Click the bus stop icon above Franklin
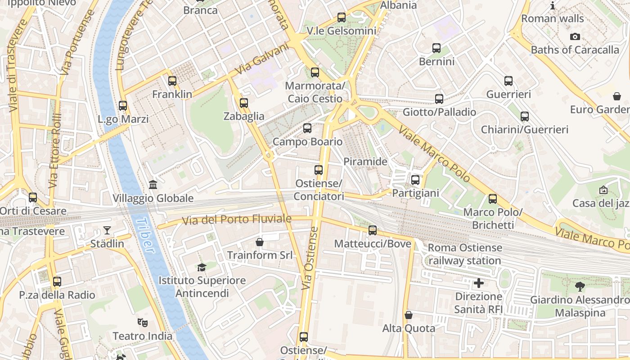(x=172, y=81)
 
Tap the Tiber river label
(x=145, y=235)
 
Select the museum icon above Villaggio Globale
(x=153, y=185)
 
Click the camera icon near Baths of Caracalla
(x=575, y=37)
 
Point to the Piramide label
(x=365, y=162)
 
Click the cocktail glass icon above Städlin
(x=107, y=231)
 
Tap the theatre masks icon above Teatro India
(x=143, y=323)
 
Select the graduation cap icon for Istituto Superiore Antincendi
(x=202, y=267)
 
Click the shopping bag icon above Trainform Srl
(x=260, y=242)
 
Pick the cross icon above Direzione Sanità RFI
(x=479, y=283)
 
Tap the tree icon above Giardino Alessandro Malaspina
(x=580, y=286)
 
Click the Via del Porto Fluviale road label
(x=237, y=220)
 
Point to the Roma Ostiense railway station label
(x=465, y=254)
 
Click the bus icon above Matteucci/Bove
(x=373, y=230)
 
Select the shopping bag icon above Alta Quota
(x=409, y=315)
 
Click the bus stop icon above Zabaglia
(x=244, y=103)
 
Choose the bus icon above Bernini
(x=436, y=48)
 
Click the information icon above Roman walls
(x=553, y=6)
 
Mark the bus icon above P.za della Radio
(x=57, y=282)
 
